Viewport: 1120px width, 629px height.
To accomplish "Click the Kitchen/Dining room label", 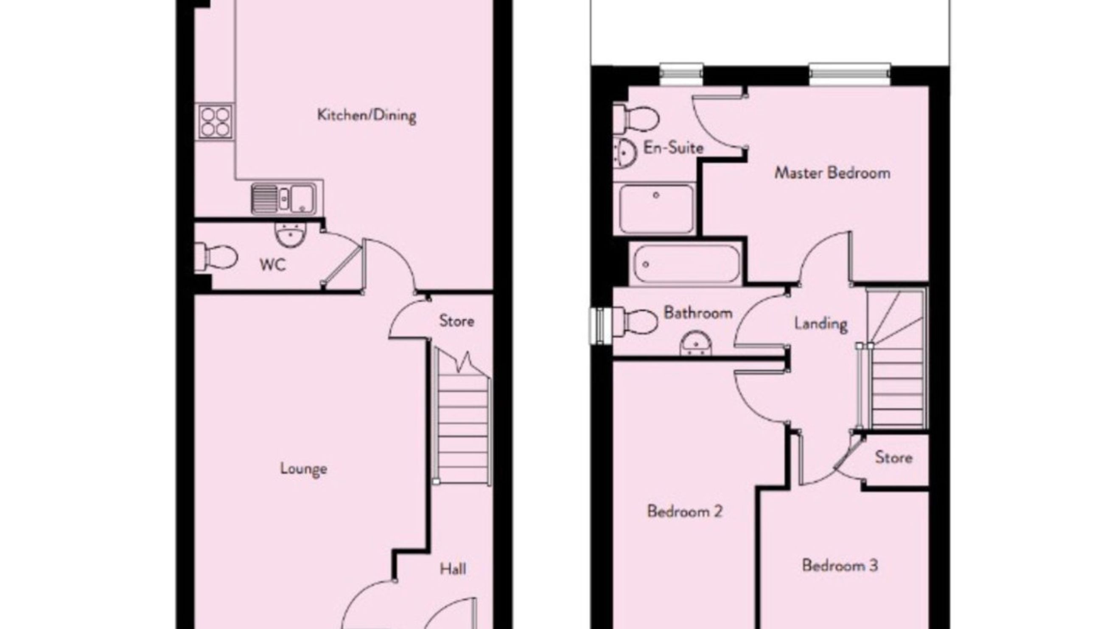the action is point(367,116).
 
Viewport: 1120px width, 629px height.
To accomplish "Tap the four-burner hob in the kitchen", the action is point(215,122).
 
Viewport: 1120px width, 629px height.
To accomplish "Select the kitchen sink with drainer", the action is point(284,199).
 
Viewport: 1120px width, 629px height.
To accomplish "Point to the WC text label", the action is point(273,264).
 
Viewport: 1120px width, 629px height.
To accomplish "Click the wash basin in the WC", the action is point(290,235).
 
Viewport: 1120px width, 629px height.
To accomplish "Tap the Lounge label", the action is point(303,469).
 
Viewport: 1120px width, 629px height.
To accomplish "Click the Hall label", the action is point(453,569).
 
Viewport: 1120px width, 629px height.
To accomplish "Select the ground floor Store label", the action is point(456,321).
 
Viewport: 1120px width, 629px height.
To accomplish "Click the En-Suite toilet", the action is point(636,118).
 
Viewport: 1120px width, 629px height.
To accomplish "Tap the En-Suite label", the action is point(673,148).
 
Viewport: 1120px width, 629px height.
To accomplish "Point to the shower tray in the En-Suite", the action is point(656,209).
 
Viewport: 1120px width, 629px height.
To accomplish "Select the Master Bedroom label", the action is point(832,173).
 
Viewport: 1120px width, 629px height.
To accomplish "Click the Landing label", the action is point(821,324).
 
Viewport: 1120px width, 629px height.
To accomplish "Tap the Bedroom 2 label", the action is point(685,511).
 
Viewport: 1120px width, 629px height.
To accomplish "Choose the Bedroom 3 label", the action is point(840,565).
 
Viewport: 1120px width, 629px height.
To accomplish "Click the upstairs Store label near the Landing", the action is point(893,457).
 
